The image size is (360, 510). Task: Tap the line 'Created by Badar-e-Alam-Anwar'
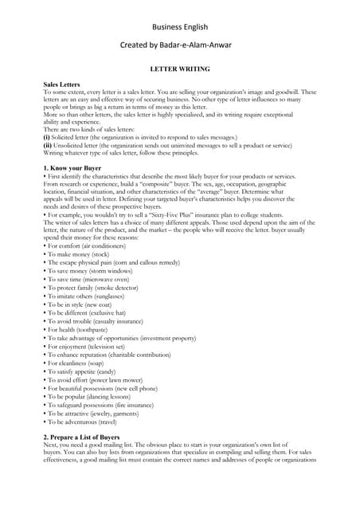(179, 47)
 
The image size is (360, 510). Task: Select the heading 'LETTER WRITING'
(179, 69)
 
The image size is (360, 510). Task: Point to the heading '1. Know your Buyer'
(72, 168)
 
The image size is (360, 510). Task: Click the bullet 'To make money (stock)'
(75, 253)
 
